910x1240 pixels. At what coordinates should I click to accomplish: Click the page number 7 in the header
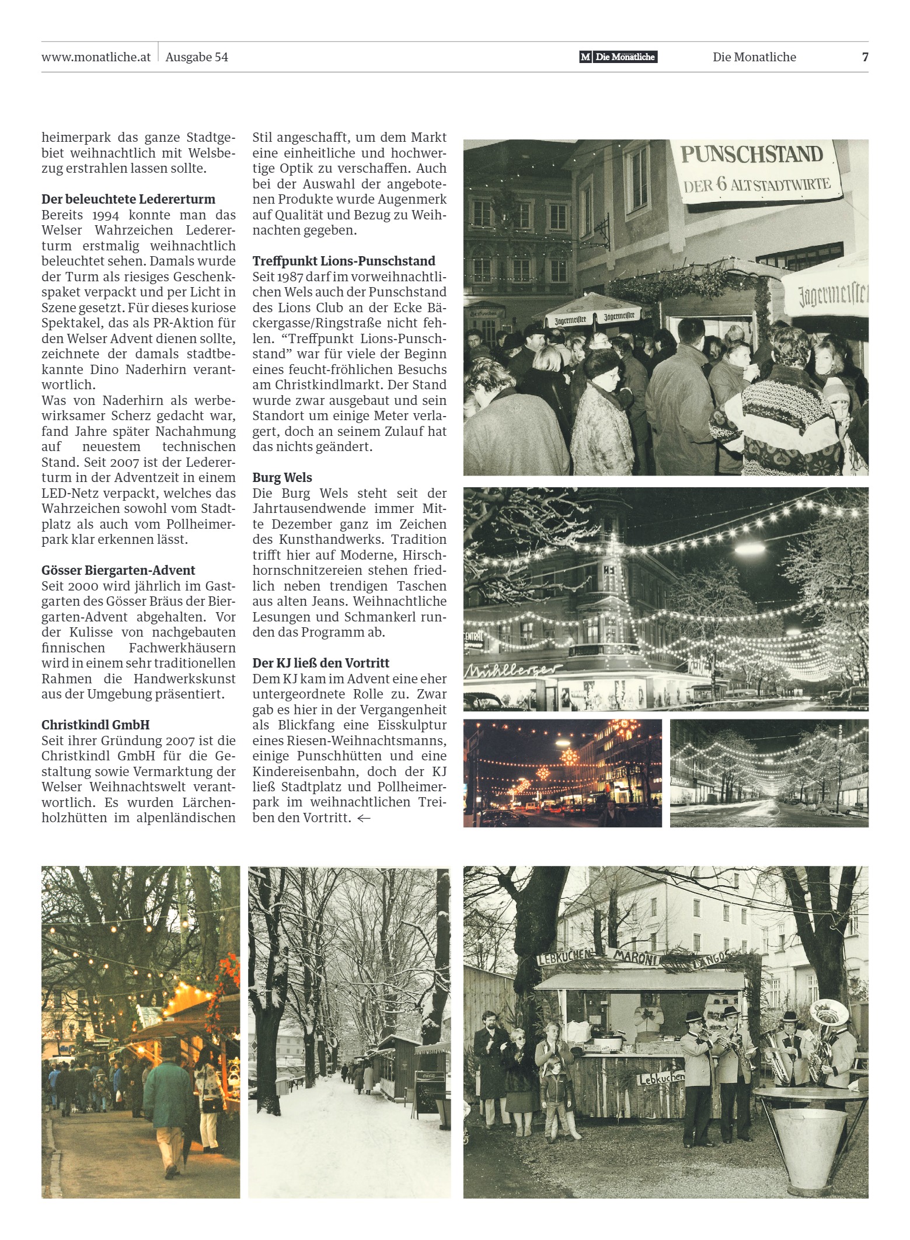point(865,57)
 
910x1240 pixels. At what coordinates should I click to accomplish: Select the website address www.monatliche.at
point(96,57)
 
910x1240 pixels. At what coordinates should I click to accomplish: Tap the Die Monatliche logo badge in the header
point(619,57)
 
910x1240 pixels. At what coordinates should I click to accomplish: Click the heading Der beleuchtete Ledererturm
point(128,199)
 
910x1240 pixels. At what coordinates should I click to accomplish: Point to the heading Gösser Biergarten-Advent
point(118,570)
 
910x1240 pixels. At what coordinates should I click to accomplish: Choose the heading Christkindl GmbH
point(96,725)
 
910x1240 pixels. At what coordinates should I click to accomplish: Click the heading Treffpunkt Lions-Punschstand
point(344,261)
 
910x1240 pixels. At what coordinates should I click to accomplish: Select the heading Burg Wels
point(282,477)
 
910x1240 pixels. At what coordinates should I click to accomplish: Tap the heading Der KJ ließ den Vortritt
point(320,663)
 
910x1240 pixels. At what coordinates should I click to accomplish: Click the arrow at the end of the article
point(364,818)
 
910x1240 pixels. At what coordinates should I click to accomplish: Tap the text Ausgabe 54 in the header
point(197,57)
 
